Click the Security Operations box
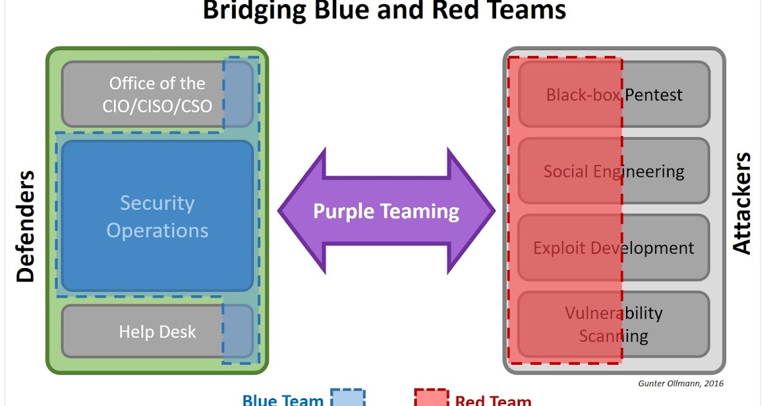157,216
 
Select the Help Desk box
157,331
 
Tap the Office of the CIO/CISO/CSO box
157,94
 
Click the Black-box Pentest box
614,94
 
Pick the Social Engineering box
614,171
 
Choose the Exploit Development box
614,247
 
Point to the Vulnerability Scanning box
614,325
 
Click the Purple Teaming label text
386,211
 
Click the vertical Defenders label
26,226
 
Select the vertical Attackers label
741,204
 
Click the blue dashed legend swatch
348,398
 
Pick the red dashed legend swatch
432,398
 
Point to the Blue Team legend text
283,400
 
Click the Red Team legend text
493,400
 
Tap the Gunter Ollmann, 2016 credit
681,383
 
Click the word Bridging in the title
254,11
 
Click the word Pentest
654,95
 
